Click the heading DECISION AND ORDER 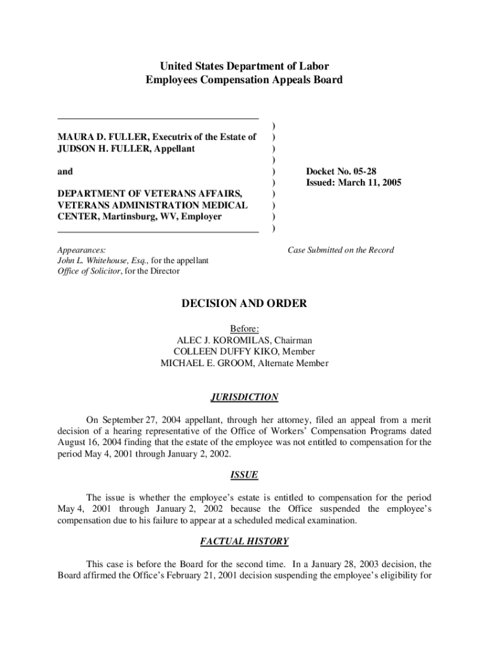tap(244, 304)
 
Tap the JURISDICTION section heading tap(244, 397)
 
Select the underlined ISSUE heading tap(244, 475)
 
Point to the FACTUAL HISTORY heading tap(244, 542)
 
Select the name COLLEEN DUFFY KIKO tap(226, 352)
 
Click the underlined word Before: tap(244, 329)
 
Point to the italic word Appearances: tap(81, 250)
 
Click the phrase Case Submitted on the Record tap(340, 250)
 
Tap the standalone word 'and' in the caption tap(65, 172)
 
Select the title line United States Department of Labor tap(244, 67)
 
